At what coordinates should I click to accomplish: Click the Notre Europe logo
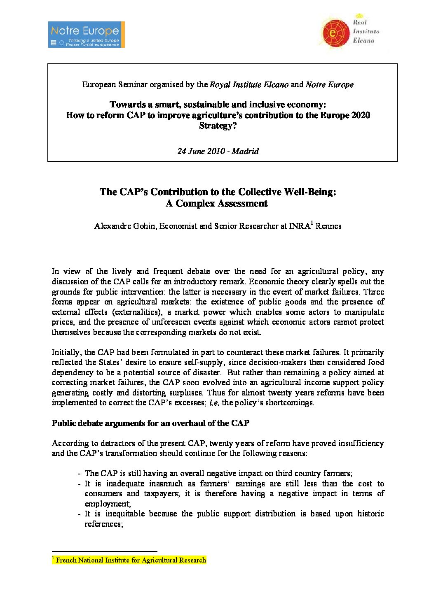[86, 35]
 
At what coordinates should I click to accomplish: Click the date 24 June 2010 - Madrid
[218, 151]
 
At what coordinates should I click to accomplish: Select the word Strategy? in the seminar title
[218, 126]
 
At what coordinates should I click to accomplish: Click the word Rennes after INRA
[328, 226]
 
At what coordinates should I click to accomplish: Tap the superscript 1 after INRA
[312, 223]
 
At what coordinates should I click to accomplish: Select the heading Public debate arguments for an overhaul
[150, 423]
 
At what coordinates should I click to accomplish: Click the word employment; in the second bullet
[108, 504]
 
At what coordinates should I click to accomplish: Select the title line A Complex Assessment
[216, 203]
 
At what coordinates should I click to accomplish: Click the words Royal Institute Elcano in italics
[249, 85]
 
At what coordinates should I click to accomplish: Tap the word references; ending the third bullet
[104, 524]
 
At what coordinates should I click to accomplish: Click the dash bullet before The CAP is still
[79, 474]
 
